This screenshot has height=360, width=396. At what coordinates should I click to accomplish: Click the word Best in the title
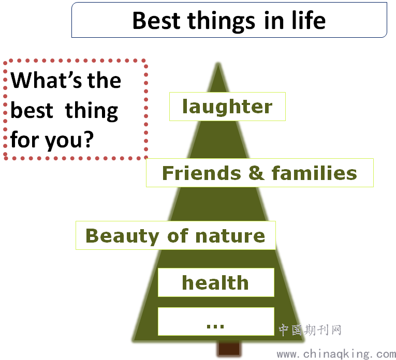156,20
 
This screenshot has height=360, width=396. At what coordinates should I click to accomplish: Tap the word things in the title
221,22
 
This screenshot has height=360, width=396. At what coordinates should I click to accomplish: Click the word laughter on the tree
227,107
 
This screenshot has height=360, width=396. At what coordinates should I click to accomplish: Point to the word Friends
201,173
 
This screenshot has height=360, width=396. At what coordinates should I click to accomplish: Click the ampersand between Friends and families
256,173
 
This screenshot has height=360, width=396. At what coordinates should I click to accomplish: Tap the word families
314,173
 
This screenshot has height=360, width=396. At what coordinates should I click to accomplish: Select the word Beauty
122,236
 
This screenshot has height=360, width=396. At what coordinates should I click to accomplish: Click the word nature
230,236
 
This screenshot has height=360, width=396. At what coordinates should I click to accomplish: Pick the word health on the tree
215,282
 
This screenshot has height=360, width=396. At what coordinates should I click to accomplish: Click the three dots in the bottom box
215,326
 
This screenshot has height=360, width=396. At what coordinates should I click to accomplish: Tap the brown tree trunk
229,349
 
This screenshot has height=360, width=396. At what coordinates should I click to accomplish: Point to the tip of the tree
218,63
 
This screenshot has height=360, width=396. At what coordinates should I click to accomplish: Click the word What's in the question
46,80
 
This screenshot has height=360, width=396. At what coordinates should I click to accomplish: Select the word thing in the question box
92,111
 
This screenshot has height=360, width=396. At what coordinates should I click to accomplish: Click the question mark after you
89,139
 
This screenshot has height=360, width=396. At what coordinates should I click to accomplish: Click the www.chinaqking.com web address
336,354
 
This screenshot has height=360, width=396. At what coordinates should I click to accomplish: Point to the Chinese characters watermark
310,330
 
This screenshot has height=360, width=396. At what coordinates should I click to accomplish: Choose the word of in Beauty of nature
177,236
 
